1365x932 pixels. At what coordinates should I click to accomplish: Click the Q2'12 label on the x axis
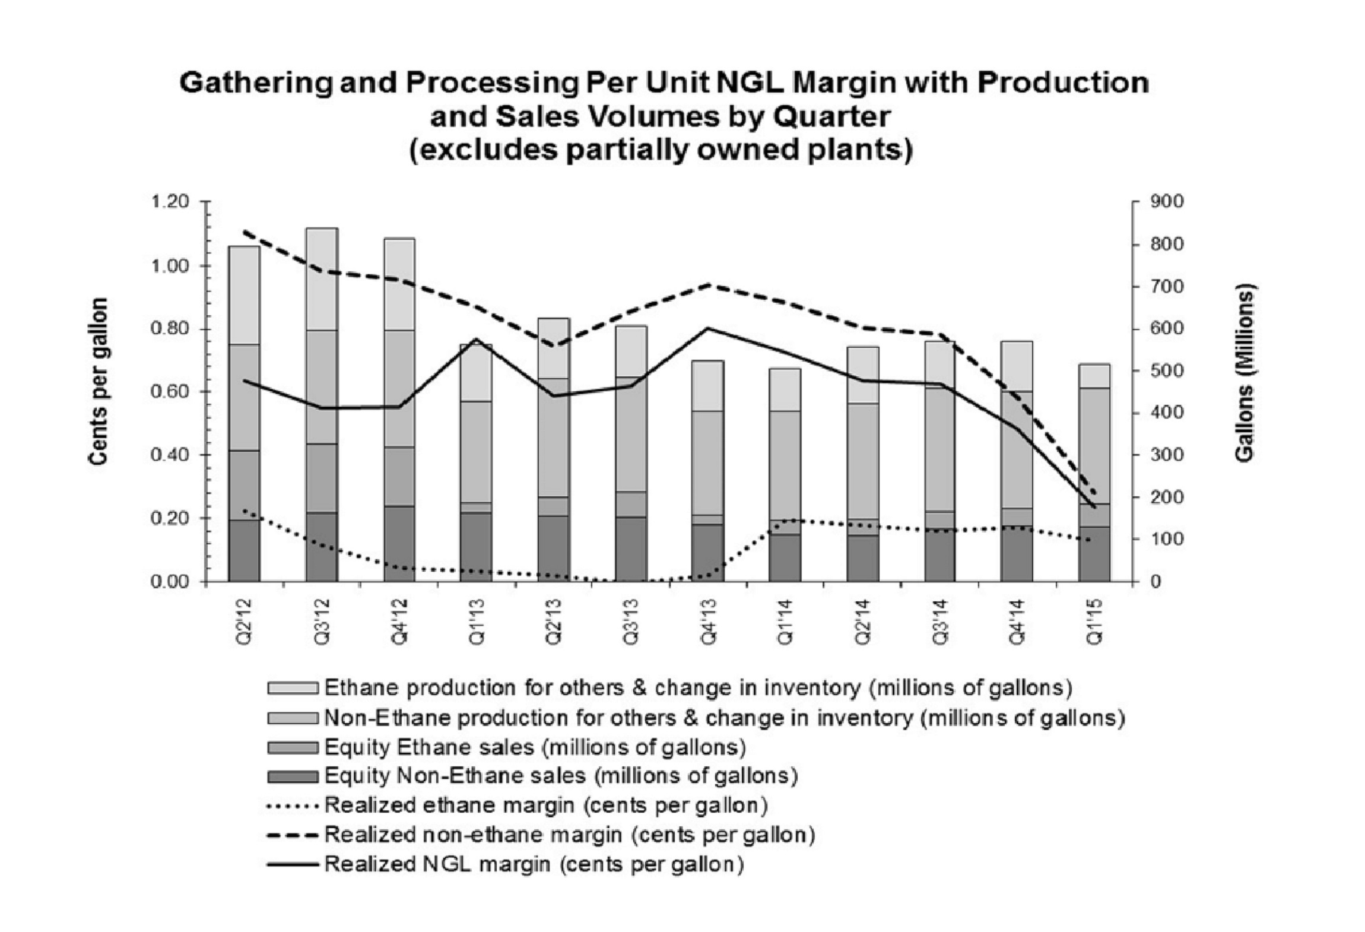pyautogui.click(x=244, y=622)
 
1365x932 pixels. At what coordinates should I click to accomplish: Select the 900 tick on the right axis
pyautogui.click(x=1166, y=202)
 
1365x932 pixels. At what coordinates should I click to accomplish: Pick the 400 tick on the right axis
pyautogui.click(x=1166, y=413)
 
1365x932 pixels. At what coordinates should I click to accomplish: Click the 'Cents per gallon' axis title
pyautogui.click(x=99, y=381)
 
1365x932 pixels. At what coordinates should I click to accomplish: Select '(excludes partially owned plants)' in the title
pyautogui.click(x=661, y=150)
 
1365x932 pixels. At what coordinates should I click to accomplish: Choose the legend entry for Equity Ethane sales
pyautogui.click(x=535, y=746)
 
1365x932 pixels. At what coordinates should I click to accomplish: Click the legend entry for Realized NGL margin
pyautogui.click(x=534, y=864)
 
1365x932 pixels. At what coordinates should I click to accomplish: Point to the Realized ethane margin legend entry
pyautogui.click(x=546, y=805)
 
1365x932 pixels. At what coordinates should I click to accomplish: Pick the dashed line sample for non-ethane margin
pyautogui.click(x=293, y=835)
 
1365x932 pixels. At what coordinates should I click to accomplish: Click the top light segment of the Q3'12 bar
pyautogui.click(x=322, y=279)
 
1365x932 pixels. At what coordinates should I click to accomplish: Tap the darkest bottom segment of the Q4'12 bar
pyautogui.click(x=399, y=543)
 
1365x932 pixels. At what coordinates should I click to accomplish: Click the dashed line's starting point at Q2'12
pyautogui.click(x=245, y=232)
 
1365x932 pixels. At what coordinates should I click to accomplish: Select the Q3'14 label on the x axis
pyautogui.click(x=939, y=622)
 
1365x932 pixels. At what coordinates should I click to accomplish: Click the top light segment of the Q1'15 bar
pyautogui.click(x=1094, y=376)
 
